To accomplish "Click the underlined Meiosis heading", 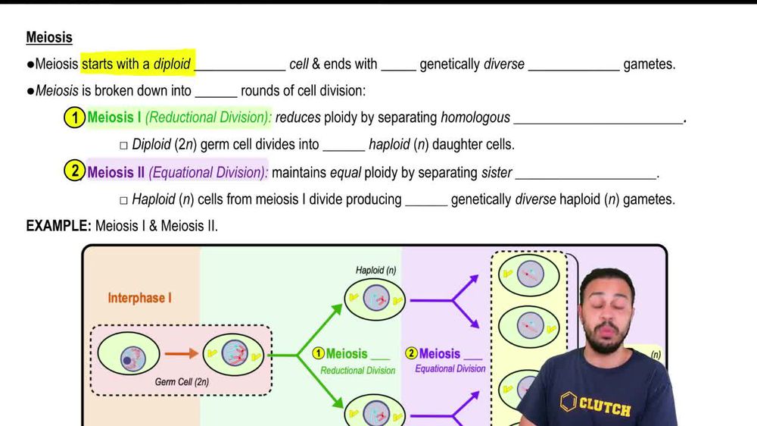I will pyautogui.click(x=49, y=37).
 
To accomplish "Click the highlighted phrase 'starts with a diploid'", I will pyautogui.click(x=136, y=64).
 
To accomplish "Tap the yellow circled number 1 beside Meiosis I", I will pyautogui.click(x=74, y=118).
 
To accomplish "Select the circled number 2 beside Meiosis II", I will pyautogui.click(x=74, y=172).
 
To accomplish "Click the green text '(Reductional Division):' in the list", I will pyautogui.click(x=208, y=118).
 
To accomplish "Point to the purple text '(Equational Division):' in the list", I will pyautogui.click(x=208, y=172).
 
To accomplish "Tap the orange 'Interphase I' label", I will pyautogui.click(x=139, y=298).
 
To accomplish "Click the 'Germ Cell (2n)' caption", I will pyautogui.click(x=182, y=382).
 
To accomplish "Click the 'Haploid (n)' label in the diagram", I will pyautogui.click(x=375, y=270).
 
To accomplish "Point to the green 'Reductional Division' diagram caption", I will pyautogui.click(x=357, y=371).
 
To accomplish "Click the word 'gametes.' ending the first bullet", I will pyautogui.click(x=650, y=64).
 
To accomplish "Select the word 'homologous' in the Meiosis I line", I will pyautogui.click(x=475, y=118).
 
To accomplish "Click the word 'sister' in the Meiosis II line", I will pyautogui.click(x=497, y=172).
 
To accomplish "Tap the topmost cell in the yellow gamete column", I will pyautogui.click(x=528, y=274).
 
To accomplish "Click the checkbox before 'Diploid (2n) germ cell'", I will pyautogui.click(x=124, y=145).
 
